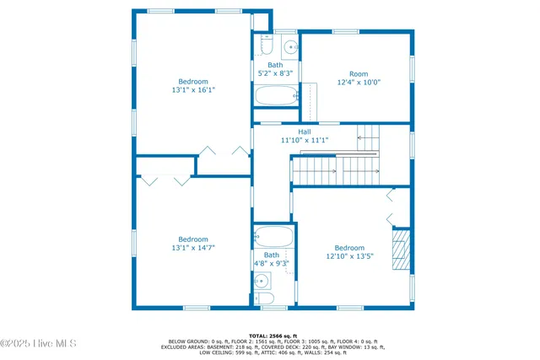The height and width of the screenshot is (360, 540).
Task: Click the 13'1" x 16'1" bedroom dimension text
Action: (192, 89)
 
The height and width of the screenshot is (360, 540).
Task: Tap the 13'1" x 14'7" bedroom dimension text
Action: (192, 248)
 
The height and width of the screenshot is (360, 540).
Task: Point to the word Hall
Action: (305, 132)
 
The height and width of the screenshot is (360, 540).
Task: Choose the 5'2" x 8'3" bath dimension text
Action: (276, 73)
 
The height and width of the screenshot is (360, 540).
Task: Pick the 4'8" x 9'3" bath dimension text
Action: (272, 264)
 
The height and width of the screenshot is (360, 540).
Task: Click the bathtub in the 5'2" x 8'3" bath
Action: (276, 95)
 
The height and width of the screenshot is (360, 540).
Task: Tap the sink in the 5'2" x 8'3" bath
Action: (289, 46)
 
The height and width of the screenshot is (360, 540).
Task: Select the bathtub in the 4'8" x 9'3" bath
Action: (273, 236)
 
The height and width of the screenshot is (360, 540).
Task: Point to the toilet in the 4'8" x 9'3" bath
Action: (263, 298)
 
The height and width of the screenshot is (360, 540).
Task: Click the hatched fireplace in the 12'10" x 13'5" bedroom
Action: (402, 250)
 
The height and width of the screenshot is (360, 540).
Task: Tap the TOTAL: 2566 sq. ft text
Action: (270, 335)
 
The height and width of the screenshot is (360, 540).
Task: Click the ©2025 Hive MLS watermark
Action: (39, 343)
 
